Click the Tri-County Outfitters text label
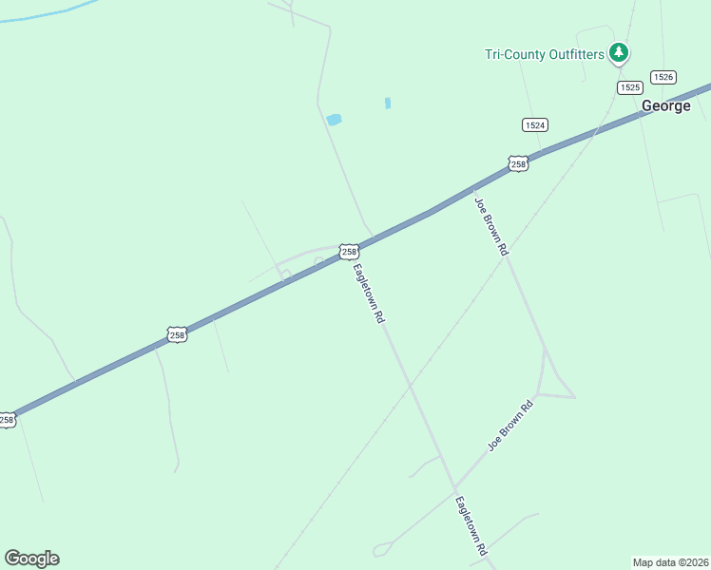click(544, 54)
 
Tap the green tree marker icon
click(619, 52)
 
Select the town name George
click(665, 105)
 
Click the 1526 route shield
click(663, 76)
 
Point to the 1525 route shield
click(628, 87)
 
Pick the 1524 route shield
click(534, 124)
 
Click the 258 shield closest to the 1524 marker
click(518, 163)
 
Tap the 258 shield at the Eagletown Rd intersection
click(349, 252)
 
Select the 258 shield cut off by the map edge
click(7, 419)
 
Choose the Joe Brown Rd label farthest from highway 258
click(510, 426)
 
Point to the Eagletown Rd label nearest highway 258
click(368, 293)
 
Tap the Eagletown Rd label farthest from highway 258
click(471, 525)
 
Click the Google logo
click(31, 559)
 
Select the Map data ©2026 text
click(671, 561)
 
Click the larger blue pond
click(334, 120)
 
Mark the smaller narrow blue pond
click(388, 103)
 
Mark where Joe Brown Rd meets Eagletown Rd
click(455, 485)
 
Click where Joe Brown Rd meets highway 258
click(472, 187)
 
